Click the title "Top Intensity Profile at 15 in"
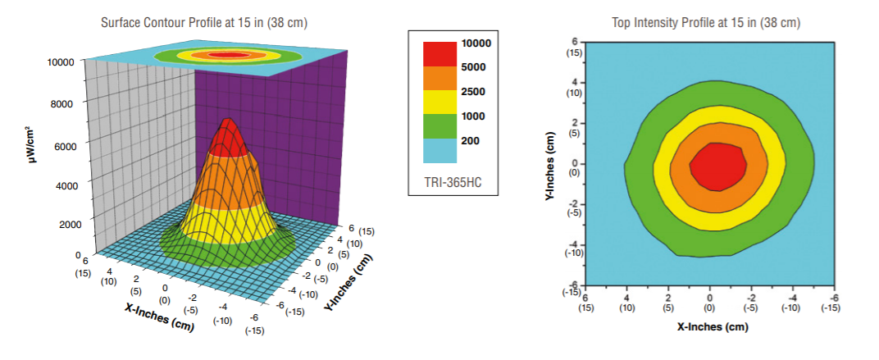tap(706, 22)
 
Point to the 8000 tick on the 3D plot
tap(64, 103)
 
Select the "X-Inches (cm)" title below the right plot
tap(709, 327)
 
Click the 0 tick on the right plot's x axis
tap(709, 298)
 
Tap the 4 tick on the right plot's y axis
tap(575, 82)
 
